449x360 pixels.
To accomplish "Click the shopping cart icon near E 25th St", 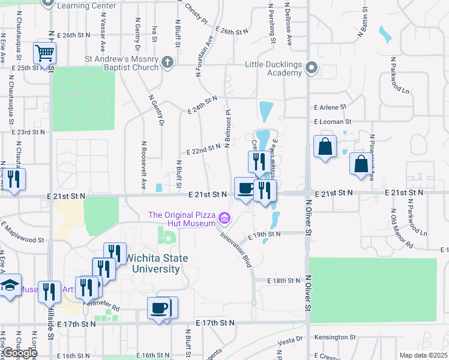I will pos(44,53).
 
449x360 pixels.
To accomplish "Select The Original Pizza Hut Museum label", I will pos(182,219).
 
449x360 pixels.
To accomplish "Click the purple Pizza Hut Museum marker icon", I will pos(224,218).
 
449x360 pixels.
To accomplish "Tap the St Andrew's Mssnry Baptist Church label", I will pos(122,64).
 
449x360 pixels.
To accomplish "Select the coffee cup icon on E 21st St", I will pos(244,188).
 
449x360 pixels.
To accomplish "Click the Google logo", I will pos(20,353).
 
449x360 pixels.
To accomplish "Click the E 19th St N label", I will pos(262,234).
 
